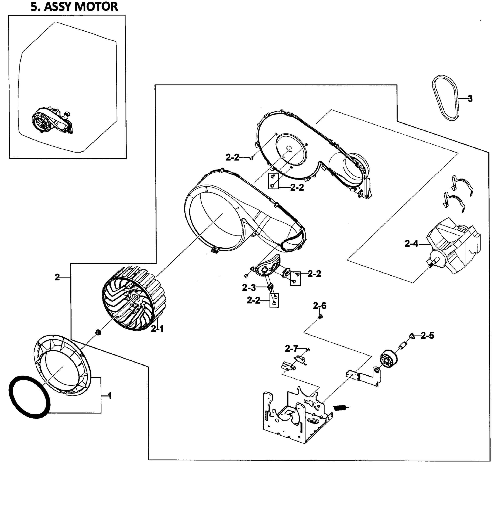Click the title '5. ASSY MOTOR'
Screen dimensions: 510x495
[x=74, y=7]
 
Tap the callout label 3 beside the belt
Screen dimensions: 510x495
[x=470, y=99]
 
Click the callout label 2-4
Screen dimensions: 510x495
[x=411, y=244]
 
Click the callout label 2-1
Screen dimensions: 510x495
[x=157, y=329]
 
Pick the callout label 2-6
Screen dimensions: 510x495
[x=320, y=306]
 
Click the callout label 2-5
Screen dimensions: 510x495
[x=428, y=336]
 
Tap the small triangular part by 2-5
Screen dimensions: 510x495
[x=412, y=336]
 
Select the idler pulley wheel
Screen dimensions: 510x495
[x=388, y=359]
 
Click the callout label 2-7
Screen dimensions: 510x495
[x=291, y=349]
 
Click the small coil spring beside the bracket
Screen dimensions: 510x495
[x=341, y=408]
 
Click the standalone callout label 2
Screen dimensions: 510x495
[x=57, y=277]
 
